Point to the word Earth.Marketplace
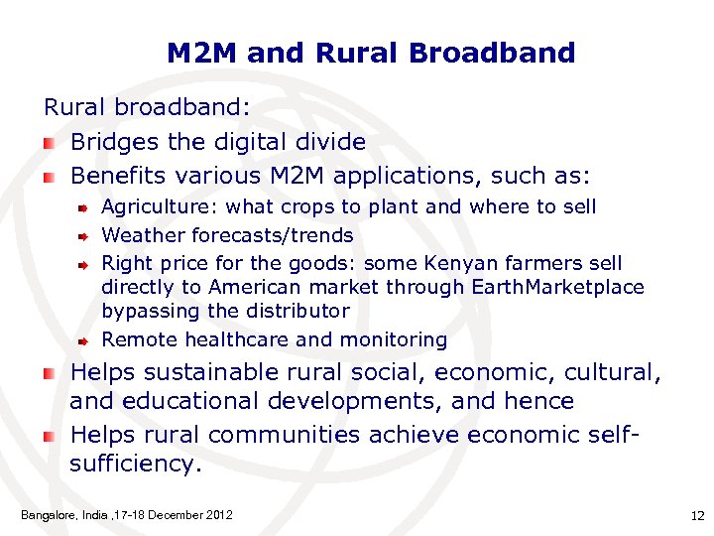pos(556,287)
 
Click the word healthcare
pos(234,339)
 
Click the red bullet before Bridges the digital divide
pos(49,143)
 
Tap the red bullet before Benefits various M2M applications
pos(49,178)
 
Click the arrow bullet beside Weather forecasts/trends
pos(85,236)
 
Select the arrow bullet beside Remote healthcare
pos(85,340)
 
